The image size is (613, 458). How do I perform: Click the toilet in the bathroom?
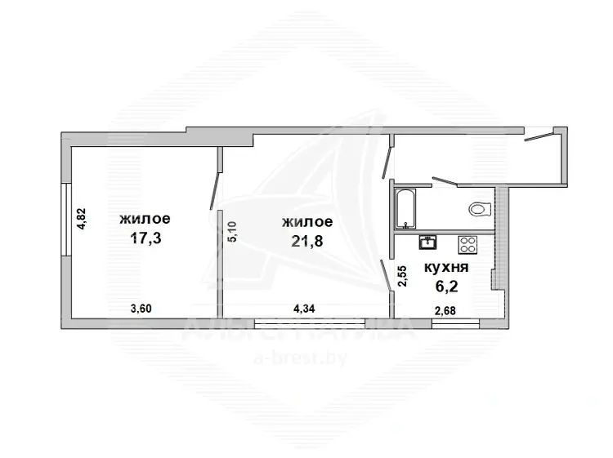479,209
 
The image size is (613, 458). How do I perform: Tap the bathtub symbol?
405,209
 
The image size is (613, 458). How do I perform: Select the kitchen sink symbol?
427,242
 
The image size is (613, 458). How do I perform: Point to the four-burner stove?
468,245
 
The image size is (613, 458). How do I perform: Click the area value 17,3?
145,238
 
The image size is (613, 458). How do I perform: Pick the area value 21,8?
306,241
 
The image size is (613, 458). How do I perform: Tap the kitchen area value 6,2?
446,287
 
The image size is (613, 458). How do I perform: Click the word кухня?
446,268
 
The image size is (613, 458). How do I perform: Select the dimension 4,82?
82,219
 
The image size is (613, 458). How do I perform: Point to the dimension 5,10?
232,232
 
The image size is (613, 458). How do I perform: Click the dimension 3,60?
141,309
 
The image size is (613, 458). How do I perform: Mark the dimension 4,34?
304,309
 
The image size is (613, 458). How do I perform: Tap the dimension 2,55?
402,276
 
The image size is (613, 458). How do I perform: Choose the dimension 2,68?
445,311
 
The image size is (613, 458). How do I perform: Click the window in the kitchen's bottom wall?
455,323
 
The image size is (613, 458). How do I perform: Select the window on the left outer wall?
66,220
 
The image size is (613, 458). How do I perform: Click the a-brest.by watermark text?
300,358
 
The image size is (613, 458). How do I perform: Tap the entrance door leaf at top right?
539,136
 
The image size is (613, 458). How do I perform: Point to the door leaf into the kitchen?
387,276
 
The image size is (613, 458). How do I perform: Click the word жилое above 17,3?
145,218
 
